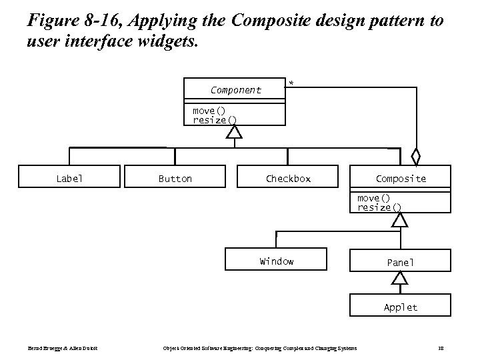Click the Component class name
[x=235, y=90]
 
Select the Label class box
[x=69, y=177]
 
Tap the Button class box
[x=175, y=177]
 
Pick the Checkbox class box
[x=288, y=177]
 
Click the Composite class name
[x=400, y=178]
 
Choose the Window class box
[x=276, y=260]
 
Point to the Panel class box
[x=400, y=262]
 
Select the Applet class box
[x=400, y=307]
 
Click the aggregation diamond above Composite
[x=415, y=157]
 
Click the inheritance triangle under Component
[x=233, y=131]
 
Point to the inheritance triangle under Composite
[x=399, y=219]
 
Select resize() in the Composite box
[x=379, y=207]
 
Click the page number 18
[x=441, y=348]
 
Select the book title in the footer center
[x=260, y=348]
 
